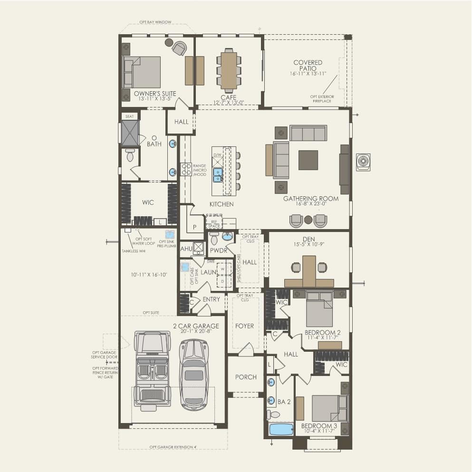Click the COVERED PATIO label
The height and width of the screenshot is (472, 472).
pyautogui.click(x=308, y=66)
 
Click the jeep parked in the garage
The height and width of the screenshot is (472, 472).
pyautogui.click(x=153, y=369)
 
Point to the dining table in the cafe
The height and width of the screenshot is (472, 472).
pyautogui.click(x=229, y=71)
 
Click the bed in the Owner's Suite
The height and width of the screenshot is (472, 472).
pyautogui.click(x=142, y=72)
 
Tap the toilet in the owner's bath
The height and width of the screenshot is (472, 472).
pyautogui.click(x=130, y=154)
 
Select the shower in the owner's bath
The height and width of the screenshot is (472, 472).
pyautogui.click(x=129, y=133)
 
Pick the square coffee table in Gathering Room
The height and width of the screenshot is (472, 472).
pyautogui.click(x=308, y=160)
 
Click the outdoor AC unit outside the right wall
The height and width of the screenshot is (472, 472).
pyautogui.click(x=364, y=162)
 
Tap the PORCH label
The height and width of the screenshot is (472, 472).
pyautogui.click(x=246, y=377)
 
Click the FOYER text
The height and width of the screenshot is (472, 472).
pyautogui.click(x=245, y=326)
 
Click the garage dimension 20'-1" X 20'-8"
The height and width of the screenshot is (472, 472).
pyautogui.click(x=195, y=332)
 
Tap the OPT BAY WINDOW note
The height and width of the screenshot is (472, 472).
pyautogui.click(x=155, y=22)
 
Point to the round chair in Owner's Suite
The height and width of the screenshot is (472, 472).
pyautogui.click(x=179, y=48)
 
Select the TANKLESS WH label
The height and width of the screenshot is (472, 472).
pyautogui.click(x=133, y=250)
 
